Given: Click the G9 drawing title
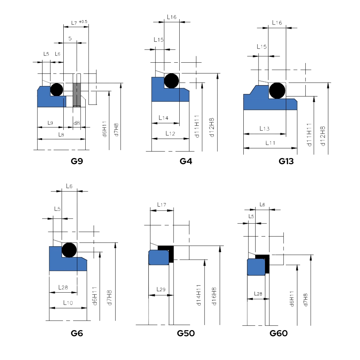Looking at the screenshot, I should pos(77,161).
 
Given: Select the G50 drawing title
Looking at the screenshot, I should pos(186,333).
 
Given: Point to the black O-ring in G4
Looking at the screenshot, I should pos(172,81).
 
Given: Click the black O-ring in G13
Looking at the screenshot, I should pos(277,90).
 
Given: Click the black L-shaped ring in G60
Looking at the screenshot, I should pos(266,262).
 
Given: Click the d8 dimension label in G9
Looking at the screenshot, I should pos(77,123).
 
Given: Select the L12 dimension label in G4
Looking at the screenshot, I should pos(170,133).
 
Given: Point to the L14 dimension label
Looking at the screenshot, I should pos(163,118).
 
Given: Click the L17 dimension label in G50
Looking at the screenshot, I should pos(162,205).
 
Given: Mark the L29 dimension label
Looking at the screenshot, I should pos(161,289).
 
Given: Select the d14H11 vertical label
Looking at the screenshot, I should pos(198,295).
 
